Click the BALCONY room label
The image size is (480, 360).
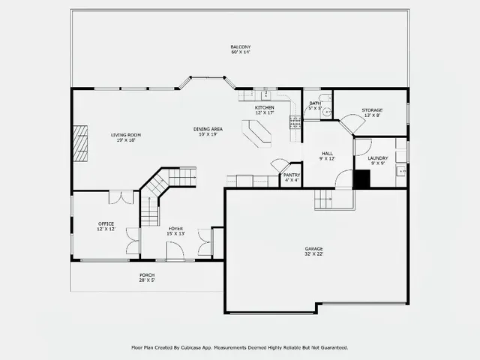click(240, 46)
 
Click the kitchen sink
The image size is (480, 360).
click(265, 95)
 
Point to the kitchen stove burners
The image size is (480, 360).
click(295, 121)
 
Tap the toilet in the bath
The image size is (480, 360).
click(320, 97)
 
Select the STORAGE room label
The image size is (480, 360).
click(372, 110)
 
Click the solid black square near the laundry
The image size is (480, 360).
click(361, 179)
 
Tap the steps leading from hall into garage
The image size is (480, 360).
click(323, 199)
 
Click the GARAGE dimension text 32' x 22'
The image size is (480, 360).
click(314, 253)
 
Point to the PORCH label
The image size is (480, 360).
click(147, 274)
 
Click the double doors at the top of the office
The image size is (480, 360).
click(120, 196)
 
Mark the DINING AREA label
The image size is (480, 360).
click(207, 129)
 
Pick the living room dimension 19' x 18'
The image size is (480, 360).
click(126, 140)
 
